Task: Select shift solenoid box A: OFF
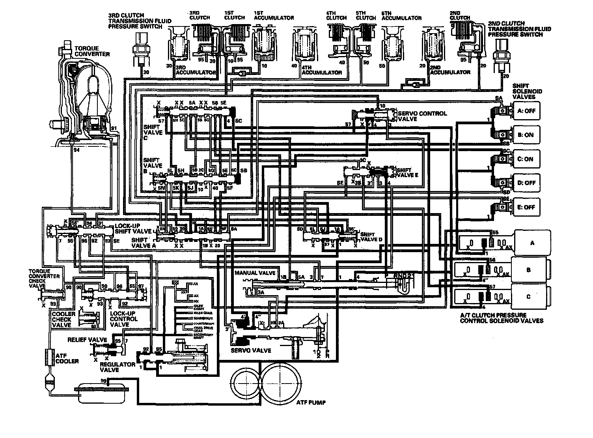point(526,111)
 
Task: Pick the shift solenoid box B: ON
point(526,135)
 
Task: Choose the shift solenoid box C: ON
point(526,159)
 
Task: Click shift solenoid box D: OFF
point(526,183)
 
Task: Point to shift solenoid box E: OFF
point(526,207)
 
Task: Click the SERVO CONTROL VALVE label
point(422,116)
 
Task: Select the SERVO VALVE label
point(251,350)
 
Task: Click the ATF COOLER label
point(67,358)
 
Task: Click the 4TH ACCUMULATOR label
point(322,73)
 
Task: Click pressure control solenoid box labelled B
point(529,270)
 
